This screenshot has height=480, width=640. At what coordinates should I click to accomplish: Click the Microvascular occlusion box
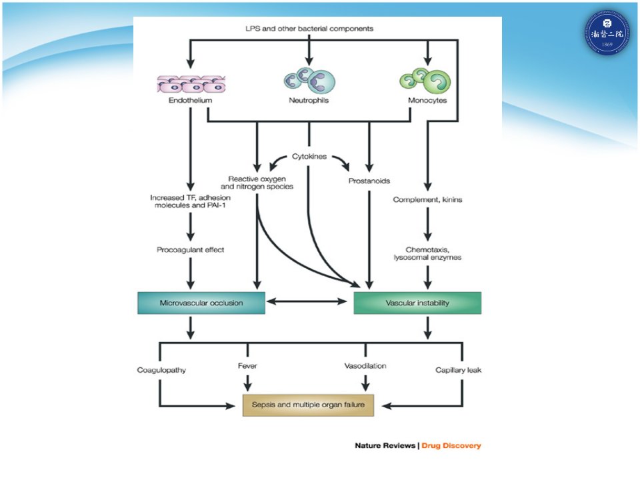click(x=201, y=303)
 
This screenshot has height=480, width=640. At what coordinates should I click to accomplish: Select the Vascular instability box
click(x=417, y=303)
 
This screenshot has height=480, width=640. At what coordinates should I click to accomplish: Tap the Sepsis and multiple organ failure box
click(x=308, y=405)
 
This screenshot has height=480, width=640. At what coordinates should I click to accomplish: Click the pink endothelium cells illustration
click(x=191, y=84)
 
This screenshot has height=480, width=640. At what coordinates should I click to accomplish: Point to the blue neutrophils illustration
click(x=309, y=80)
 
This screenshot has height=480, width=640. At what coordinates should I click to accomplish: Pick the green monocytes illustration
click(x=425, y=81)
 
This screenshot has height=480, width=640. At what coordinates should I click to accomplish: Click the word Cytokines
click(x=309, y=156)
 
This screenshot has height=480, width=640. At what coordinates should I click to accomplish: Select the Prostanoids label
click(x=369, y=181)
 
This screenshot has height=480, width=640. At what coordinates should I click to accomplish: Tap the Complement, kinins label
click(x=427, y=199)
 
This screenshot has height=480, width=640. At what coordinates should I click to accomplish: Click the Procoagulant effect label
click(x=190, y=250)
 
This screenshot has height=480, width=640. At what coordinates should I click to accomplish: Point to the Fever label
click(x=247, y=366)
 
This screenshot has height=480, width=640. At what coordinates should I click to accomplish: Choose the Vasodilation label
click(x=365, y=366)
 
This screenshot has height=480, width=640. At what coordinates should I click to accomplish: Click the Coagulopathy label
click(x=161, y=370)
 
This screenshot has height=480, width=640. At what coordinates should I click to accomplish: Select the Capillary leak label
click(x=459, y=370)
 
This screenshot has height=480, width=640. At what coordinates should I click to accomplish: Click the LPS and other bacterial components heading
click(x=309, y=29)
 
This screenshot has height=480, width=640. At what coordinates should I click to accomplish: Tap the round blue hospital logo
click(x=607, y=33)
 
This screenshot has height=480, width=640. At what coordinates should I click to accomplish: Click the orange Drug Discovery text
click(x=451, y=446)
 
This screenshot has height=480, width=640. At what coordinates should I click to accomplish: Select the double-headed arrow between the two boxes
click(x=307, y=301)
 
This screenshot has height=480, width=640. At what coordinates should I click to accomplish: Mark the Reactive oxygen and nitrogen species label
click(x=257, y=183)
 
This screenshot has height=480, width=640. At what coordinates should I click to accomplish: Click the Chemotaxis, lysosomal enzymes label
click(x=427, y=253)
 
